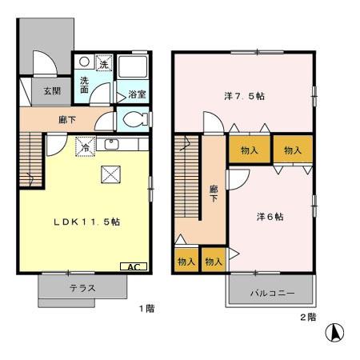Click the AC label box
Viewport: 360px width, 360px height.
(133, 266)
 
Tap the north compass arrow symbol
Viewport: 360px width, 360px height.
(338, 330)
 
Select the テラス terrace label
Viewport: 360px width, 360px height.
(82, 288)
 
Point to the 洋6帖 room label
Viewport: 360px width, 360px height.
(270, 216)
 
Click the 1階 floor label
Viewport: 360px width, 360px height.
(145, 308)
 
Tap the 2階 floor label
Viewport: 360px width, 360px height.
(308, 317)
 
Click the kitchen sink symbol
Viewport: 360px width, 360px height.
(111, 145)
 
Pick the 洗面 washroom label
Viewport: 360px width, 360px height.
(84, 85)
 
